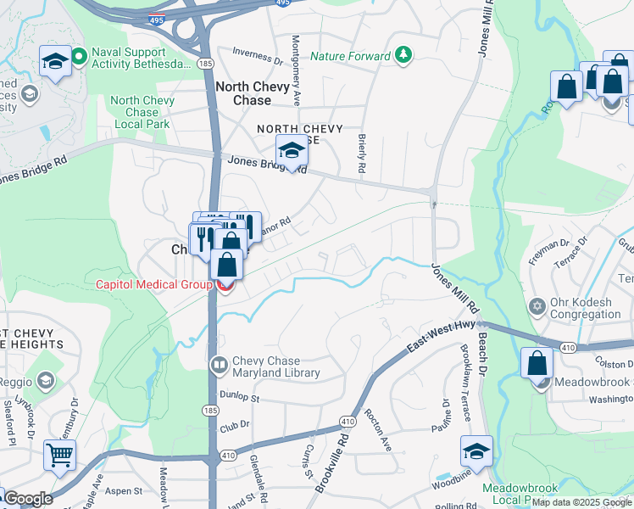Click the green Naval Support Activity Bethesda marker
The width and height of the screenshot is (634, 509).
tap(79, 58)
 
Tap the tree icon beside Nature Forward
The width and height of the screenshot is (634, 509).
tap(404, 57)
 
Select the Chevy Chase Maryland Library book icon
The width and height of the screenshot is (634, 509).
tap(218, 365)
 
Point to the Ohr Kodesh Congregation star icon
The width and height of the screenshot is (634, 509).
tap(537, 305)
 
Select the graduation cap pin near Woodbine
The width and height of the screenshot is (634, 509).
tap(476, 450)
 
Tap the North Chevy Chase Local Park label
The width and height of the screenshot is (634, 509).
tap(142, 112)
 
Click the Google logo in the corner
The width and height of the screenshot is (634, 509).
tap(27, 499)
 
